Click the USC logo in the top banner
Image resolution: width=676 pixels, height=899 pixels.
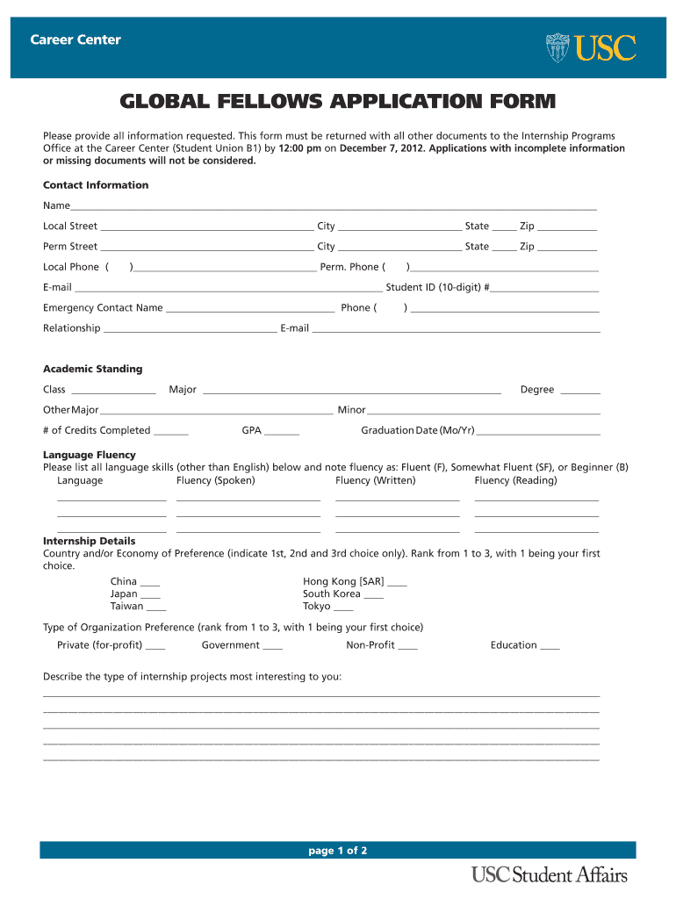[x=590, y=47]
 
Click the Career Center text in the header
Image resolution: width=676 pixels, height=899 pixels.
[x=76, y=40]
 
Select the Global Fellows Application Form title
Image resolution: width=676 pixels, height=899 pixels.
[x=338, y=103]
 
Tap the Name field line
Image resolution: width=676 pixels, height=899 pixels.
[x=334, y=207]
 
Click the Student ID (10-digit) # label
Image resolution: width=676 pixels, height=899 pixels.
[x=437, y=287]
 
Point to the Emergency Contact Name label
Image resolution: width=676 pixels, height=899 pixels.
[x=103, y=308]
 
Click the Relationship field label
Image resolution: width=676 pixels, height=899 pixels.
[x=72, y=328]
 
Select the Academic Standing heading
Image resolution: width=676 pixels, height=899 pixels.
[x=92, y=370]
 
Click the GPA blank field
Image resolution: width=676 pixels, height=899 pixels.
[x=281, y=432]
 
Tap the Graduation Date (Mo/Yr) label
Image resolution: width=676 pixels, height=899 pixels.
[x=417, y=431]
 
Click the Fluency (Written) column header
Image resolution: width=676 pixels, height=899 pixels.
[x=375, y=481]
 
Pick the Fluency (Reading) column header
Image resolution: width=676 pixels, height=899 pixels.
[x=515, y=481]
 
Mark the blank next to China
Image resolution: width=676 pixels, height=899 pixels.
[x=150, y=583]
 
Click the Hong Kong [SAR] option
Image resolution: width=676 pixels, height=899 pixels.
[x=343, y=582]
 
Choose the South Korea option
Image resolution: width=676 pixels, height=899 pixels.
[x=331, y=594]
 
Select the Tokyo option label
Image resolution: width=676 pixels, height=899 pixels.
[x=316, y=607]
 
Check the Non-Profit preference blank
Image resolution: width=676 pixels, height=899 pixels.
[x=407, y=647]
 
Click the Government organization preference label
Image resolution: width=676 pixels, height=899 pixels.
[x=230, y=645]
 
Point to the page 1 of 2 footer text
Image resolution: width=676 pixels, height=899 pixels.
[x=337, y=851]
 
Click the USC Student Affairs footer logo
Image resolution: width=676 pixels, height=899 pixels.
[x=549, y=874]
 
